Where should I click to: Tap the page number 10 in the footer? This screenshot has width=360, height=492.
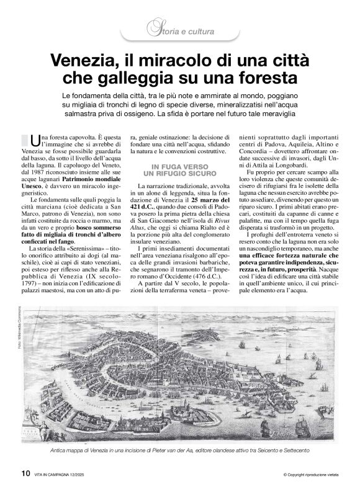pos(25,472)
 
